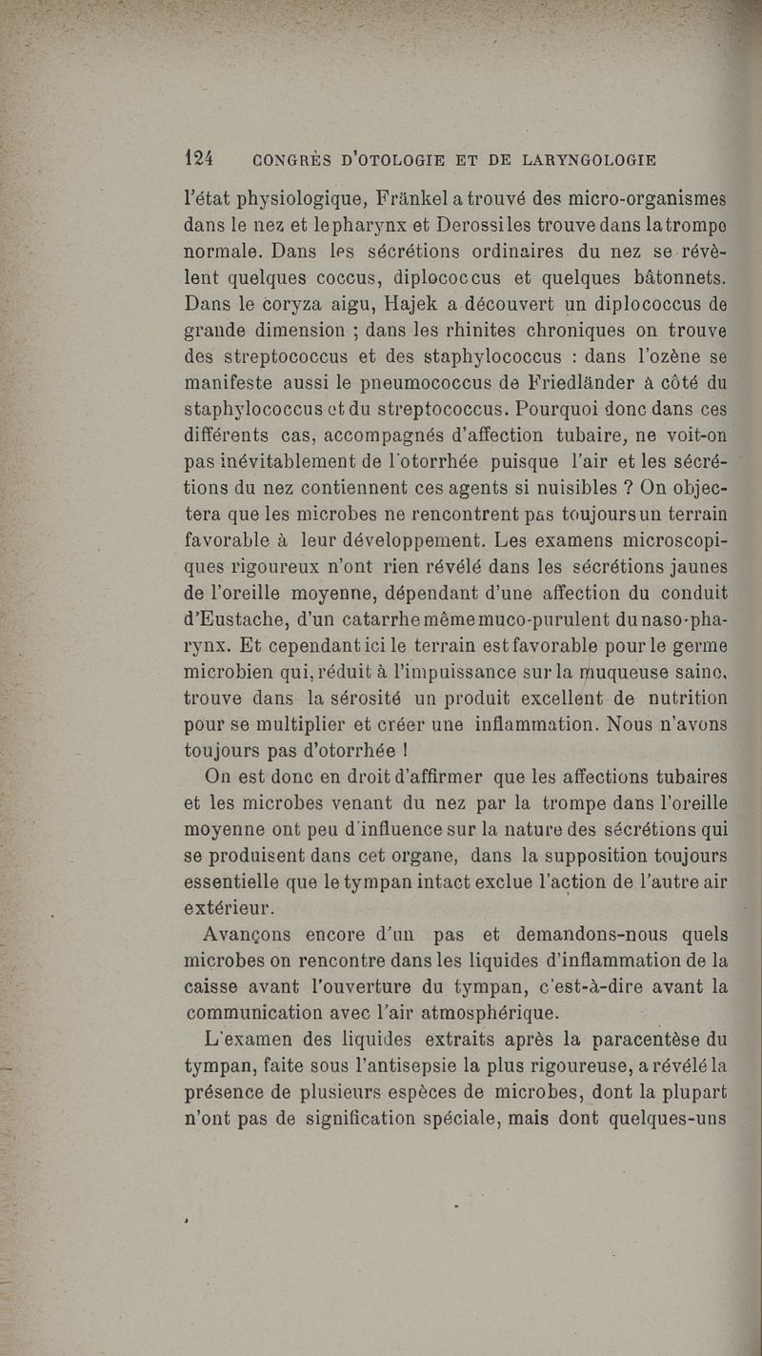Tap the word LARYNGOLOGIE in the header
589,156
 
